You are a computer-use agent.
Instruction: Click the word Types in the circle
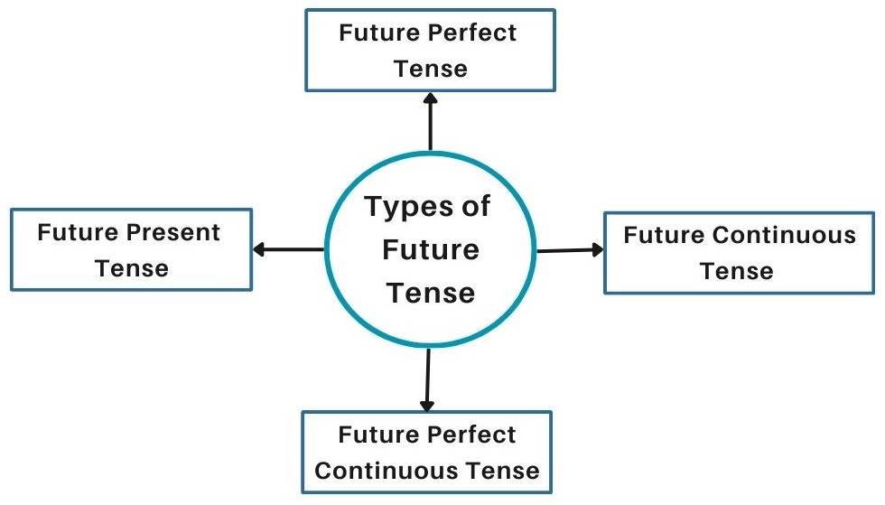click(405, 208)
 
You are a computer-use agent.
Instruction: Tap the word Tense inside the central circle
click(429, 293)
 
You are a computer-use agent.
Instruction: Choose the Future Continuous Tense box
click(739, 253)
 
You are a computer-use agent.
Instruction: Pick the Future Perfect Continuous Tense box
click(427, 453)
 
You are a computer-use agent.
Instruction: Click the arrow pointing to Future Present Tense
click(288, 249)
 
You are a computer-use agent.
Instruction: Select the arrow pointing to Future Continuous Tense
click(570, 250)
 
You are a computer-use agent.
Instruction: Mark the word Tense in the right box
click(738, 271)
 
